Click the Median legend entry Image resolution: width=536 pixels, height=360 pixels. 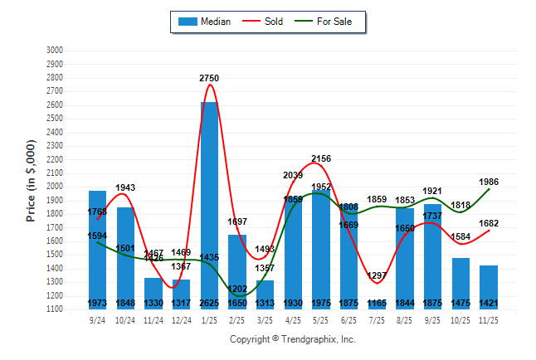point(204,22)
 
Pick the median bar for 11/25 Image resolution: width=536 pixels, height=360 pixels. point(489,287)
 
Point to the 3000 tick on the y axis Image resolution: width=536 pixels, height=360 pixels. point(54,51)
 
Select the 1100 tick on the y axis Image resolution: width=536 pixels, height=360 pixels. point(54,309)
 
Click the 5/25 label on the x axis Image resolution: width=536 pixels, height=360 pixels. point(321,319)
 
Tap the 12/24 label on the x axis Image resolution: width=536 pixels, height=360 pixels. point(181,319)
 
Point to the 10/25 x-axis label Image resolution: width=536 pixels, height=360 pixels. point(460,319)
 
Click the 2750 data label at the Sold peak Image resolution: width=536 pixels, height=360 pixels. point(209,78)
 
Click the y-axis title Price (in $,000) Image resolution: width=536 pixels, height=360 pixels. point(31,179)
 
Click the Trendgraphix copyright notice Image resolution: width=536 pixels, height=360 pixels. point(292,339)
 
